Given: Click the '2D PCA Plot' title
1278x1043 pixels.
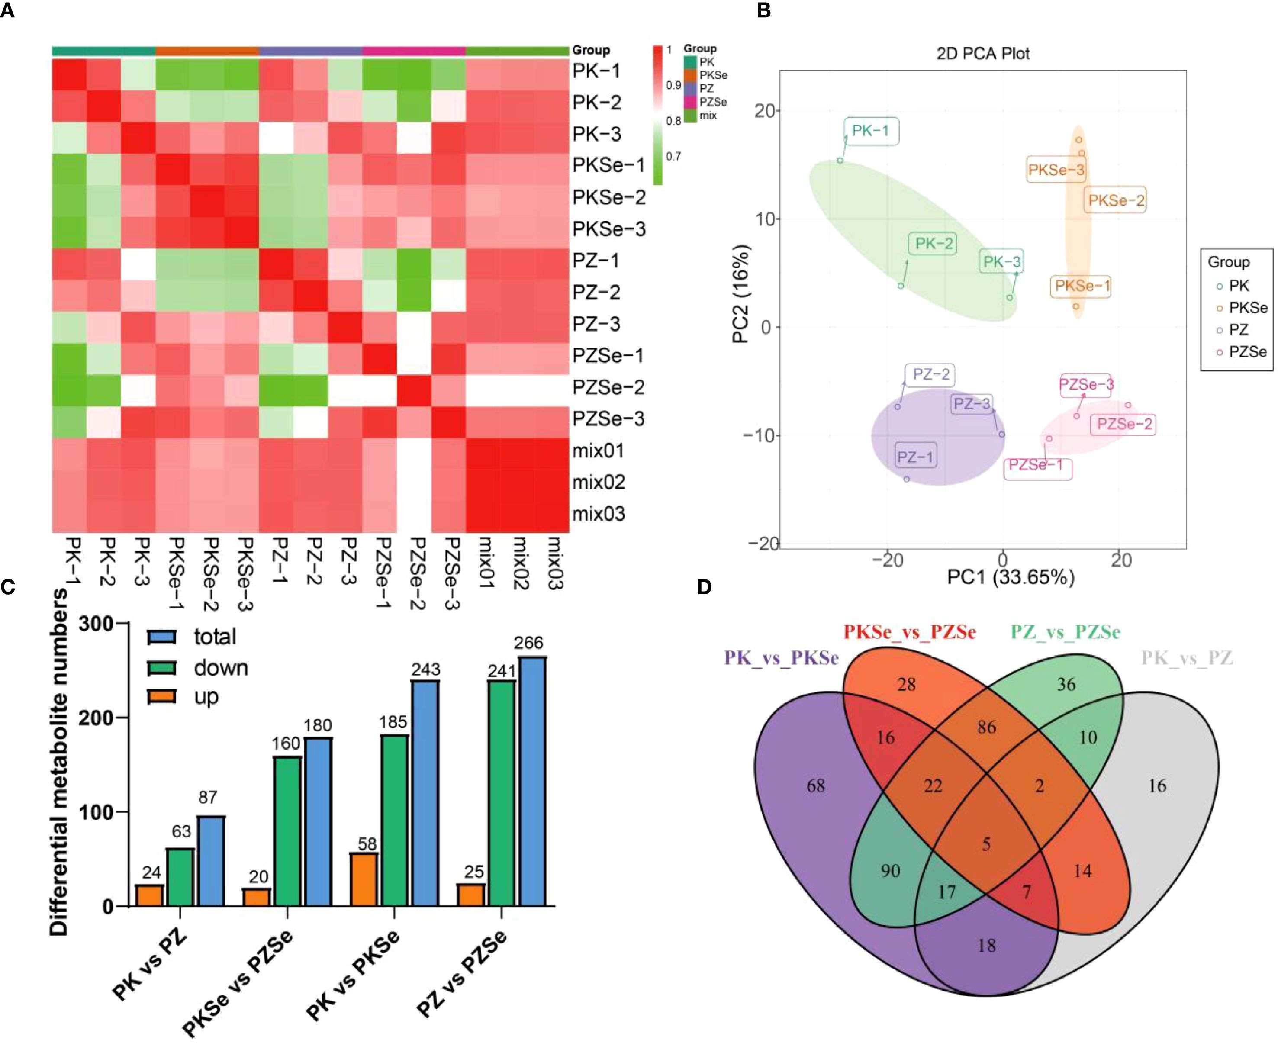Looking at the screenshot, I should coord(983,54).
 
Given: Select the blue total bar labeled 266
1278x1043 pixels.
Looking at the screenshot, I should coord(532,781).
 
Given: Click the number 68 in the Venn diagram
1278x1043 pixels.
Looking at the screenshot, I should coord(815,786).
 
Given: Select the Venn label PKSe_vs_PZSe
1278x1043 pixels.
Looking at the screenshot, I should coord(910,632).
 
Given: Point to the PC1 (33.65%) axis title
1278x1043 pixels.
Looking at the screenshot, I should coord(1011,577).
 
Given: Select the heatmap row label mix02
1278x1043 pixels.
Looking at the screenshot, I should coord(599,482).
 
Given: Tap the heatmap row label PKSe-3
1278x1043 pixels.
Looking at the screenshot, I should coord(608,229).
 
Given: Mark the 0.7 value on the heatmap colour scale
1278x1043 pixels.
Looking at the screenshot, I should coord(673,157).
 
